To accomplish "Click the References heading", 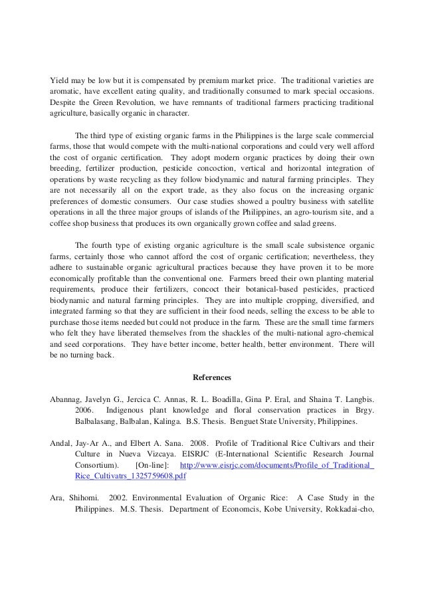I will tap(211, 377).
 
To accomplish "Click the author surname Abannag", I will tap(68, 399).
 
